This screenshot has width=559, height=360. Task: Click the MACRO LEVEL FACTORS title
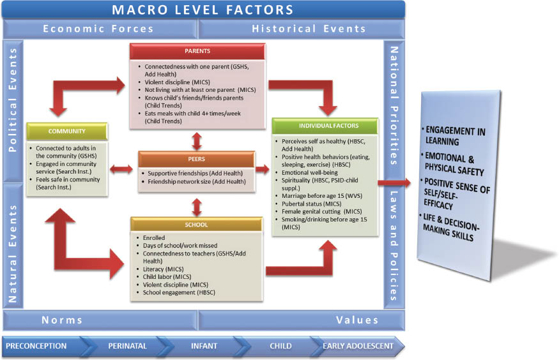(x=203, y=10)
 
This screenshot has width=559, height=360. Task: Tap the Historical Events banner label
(x=309, y=29)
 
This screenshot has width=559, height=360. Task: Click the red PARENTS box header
(x=197, y=52)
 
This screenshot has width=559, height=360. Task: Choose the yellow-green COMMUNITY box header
(x=66, y=131)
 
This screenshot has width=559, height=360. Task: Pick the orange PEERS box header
(x=196, y=158)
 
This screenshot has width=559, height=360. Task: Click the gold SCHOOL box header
(x=197, y=225)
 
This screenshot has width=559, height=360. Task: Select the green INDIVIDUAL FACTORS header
(x=325, y=126)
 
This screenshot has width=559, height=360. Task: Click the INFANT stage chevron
(x=204, y=346)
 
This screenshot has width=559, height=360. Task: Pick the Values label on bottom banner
(x=358, y=320)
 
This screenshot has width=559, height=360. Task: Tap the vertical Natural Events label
(x=12, y=243)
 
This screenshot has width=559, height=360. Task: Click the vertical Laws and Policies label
(x=394, y=243)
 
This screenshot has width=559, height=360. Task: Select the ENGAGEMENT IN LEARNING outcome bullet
(x=455, y=135)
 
